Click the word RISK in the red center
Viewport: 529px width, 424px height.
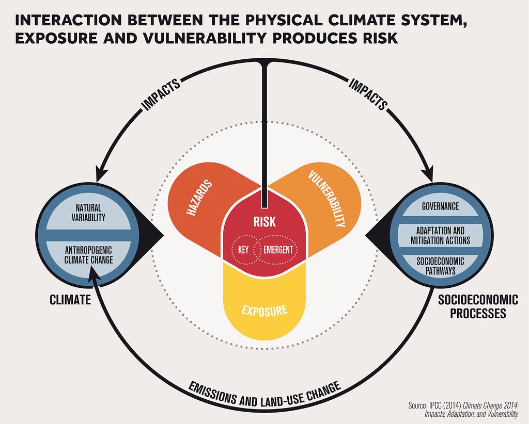click(264, 222)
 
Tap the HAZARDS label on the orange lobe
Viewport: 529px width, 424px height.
click(200, 198)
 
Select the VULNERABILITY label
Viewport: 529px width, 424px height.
click(327, 199)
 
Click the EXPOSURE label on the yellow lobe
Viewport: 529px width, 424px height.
click(264, 311)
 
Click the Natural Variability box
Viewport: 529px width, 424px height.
click(88, 213)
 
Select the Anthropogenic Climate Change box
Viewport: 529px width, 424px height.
click(88, 255)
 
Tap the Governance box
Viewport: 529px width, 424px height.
click(440, 206)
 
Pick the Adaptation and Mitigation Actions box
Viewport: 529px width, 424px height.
click(440, 235)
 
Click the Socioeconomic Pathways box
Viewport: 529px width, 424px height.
click(440, 266)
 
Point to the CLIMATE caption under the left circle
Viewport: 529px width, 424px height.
click(70, 299)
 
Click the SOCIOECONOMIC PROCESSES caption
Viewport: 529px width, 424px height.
click(478, 306)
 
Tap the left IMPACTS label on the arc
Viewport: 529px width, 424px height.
click(161, 94)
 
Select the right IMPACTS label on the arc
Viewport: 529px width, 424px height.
click(368, 94)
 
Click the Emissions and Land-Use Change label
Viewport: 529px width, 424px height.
click(264, 394)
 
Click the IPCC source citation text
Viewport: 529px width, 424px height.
click(463, 409)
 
